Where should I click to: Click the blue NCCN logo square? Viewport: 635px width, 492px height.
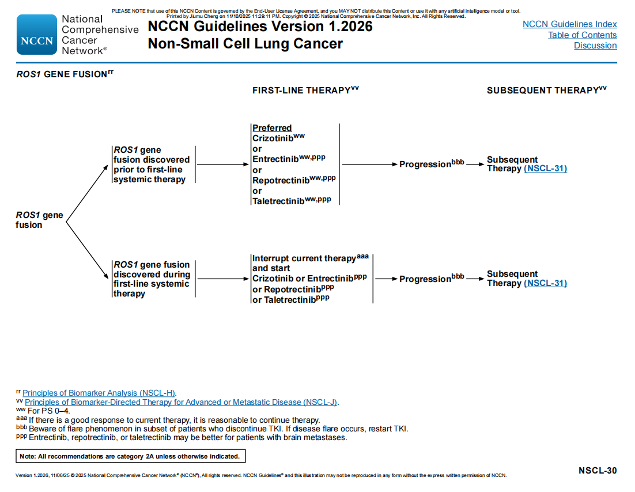coord(37,35)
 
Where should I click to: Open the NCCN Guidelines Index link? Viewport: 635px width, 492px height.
coord(569,24)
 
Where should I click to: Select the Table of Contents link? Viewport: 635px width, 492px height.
coord(582,35)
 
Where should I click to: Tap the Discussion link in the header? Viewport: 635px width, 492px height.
coord(595,46)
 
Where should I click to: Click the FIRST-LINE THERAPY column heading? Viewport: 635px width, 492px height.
coord(301,91)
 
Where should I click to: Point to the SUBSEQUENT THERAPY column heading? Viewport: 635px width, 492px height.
coord(542,91)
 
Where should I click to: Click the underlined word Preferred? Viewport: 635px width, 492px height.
coord(272,128)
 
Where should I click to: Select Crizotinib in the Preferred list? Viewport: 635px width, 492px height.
coord(273,138)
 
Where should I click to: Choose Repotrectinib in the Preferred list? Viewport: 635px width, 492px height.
coord(281,180)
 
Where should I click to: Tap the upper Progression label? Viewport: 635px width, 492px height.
coord(425,164)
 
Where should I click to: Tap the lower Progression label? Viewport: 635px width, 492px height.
coord(425,279)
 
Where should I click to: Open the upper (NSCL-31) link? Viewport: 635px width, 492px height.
coord(545,168)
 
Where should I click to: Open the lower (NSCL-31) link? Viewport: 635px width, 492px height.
coord(545,283)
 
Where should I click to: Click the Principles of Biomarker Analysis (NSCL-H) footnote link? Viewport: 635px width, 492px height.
coord(99,393)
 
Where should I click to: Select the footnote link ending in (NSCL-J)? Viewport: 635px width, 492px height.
coord(181,402)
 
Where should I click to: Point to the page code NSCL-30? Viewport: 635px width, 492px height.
coord(597,471)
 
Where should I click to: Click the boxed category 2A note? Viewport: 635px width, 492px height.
coord(131,456)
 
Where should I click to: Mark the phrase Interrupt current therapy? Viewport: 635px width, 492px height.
coord(304,258)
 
